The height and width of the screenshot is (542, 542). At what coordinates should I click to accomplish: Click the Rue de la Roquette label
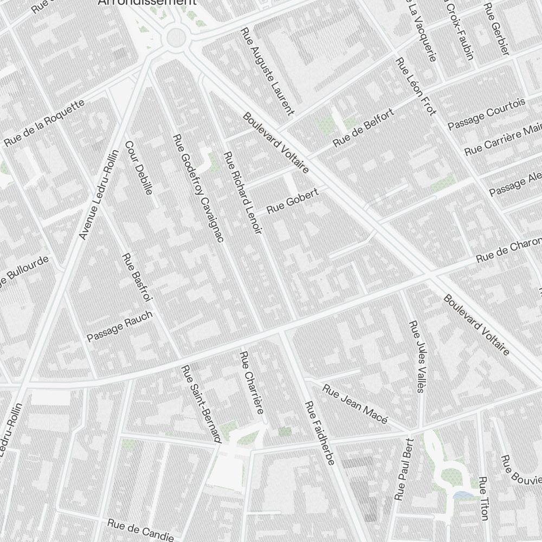tap(44, 123)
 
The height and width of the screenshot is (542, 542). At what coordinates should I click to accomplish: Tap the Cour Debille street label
tap(139, 168)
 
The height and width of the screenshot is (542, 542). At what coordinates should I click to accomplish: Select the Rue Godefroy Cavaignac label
tap(198, 188)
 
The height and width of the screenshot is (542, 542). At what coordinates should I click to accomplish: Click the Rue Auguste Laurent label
tap(267, 72)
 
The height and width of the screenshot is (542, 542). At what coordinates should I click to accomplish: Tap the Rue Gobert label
tap(293, 201)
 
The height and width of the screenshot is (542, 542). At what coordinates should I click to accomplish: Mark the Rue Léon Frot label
tap(416, 86)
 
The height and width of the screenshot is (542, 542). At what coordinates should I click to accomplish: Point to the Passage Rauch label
tap(120, 326)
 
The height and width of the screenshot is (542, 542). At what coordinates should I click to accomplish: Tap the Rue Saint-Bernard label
tap(201, 404)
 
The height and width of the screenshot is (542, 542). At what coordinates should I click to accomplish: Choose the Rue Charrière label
tap(252, 382)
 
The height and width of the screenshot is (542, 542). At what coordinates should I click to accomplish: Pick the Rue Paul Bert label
tap(404, 469)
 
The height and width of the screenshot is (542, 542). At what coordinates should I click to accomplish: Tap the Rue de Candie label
tap(140, 528)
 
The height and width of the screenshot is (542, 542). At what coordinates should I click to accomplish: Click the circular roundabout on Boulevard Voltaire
tap(176, 37)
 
